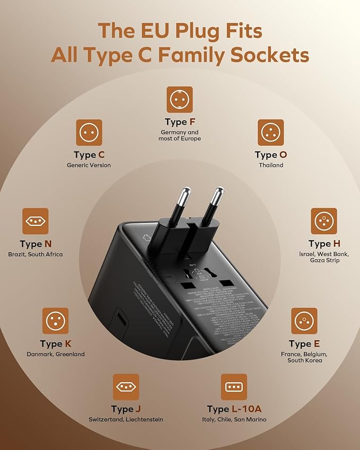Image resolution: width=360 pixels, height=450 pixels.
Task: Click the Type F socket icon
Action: [x=179, y=100]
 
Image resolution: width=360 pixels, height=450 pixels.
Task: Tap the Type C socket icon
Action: [x=89, y=133]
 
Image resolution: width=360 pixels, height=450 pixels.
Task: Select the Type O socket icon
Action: [x=270, y=133]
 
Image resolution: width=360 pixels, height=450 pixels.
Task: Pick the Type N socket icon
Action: [x=35, y=221]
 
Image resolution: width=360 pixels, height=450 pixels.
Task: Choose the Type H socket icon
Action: [x=323, y=221]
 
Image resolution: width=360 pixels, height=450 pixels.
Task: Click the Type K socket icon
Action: [x=55, y=321]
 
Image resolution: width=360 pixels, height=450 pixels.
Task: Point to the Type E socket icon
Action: [x=304, y=321]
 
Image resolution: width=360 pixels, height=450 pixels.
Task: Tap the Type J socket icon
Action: [x=126, y=387]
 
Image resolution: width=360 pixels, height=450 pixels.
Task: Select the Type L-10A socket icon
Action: [x=234, y=387]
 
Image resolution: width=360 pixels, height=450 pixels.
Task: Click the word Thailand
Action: [x=271, y=165]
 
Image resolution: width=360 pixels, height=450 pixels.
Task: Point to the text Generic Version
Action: [x=89, y=165]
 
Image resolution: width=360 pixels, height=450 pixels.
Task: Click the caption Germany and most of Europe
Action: [x=179, y=136]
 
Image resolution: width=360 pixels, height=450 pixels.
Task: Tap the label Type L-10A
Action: [x=234, y=409]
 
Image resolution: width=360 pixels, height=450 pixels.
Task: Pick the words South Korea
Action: [x=304, y=360]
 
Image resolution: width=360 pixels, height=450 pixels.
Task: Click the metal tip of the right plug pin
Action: [x=216, y=196]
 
